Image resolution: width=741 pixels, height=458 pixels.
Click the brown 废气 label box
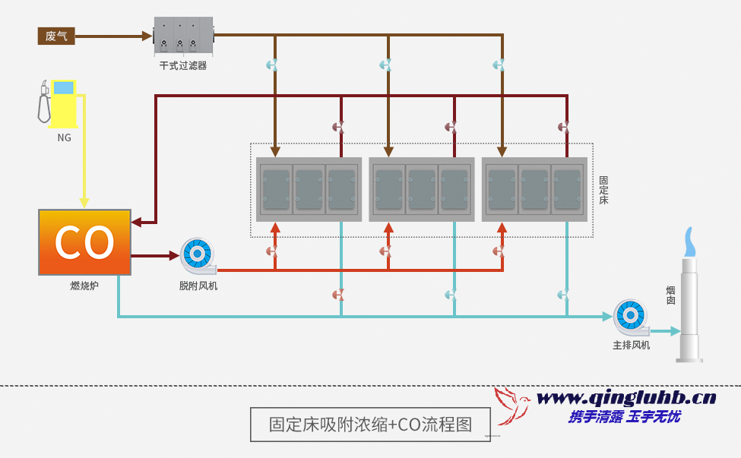click(x=56, y=36)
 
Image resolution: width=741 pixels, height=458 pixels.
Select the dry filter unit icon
click(x=183, y=36)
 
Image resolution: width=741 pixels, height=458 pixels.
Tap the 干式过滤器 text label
click(x=183, y=66)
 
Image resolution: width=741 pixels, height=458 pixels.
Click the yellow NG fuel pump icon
click(x=59, y=102)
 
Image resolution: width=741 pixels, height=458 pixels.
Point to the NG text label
click(x=64, y=137)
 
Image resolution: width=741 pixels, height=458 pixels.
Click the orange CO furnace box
click(x=84, y=242)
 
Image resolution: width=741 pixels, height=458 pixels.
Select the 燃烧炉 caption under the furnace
click(x=84, y=286)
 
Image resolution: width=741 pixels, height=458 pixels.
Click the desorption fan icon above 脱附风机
click(x=197, y=255)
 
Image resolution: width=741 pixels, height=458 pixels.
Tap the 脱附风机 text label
click(x=198, y=286)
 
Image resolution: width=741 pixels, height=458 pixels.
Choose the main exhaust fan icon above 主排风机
click(x=631, y=317)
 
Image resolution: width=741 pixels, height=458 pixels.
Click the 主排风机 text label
click(x=632, y=345)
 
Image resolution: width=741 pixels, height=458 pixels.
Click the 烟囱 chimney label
click(x=671, y=295)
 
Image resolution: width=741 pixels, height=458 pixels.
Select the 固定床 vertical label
click(x=603, y=190)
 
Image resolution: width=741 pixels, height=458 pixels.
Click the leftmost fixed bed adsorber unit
click(x=309, y=189)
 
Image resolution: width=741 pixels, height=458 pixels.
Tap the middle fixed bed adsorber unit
click(x=422, y=189)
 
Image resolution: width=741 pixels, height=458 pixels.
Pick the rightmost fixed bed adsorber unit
click(x=534, y=189)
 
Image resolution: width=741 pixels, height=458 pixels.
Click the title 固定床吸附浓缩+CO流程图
click(x=370, y=424)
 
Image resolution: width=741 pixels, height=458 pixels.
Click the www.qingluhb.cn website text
click(x=626, y=397)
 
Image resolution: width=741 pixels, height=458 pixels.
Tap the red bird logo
click(x=512, y=405)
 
